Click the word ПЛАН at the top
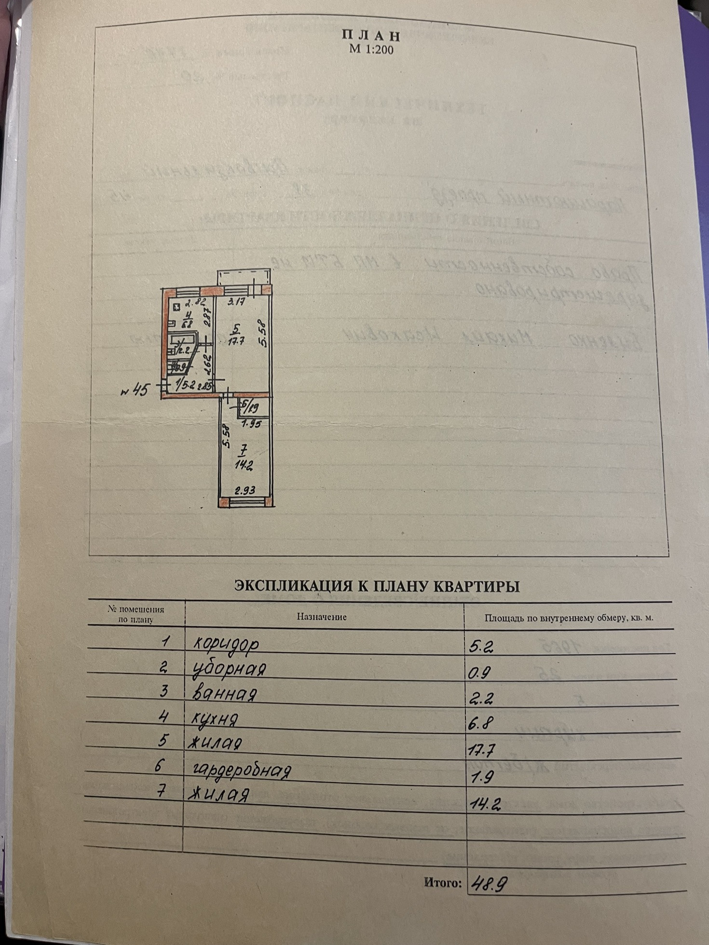[371, 35]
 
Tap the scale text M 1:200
[371, 49]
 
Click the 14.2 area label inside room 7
[244, 465]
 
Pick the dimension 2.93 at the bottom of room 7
[245, 491]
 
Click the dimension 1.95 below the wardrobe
[251, 424]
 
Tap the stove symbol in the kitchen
[177, 306]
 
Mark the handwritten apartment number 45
[136, 390]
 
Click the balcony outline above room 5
[244, 277]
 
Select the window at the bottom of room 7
[247, 502]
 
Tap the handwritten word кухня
[215, 719]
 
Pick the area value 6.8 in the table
[480, 723]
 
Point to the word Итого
[442, 882]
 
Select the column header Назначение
[322, 617]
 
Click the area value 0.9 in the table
[479, 673]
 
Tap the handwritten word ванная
[224, 694]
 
